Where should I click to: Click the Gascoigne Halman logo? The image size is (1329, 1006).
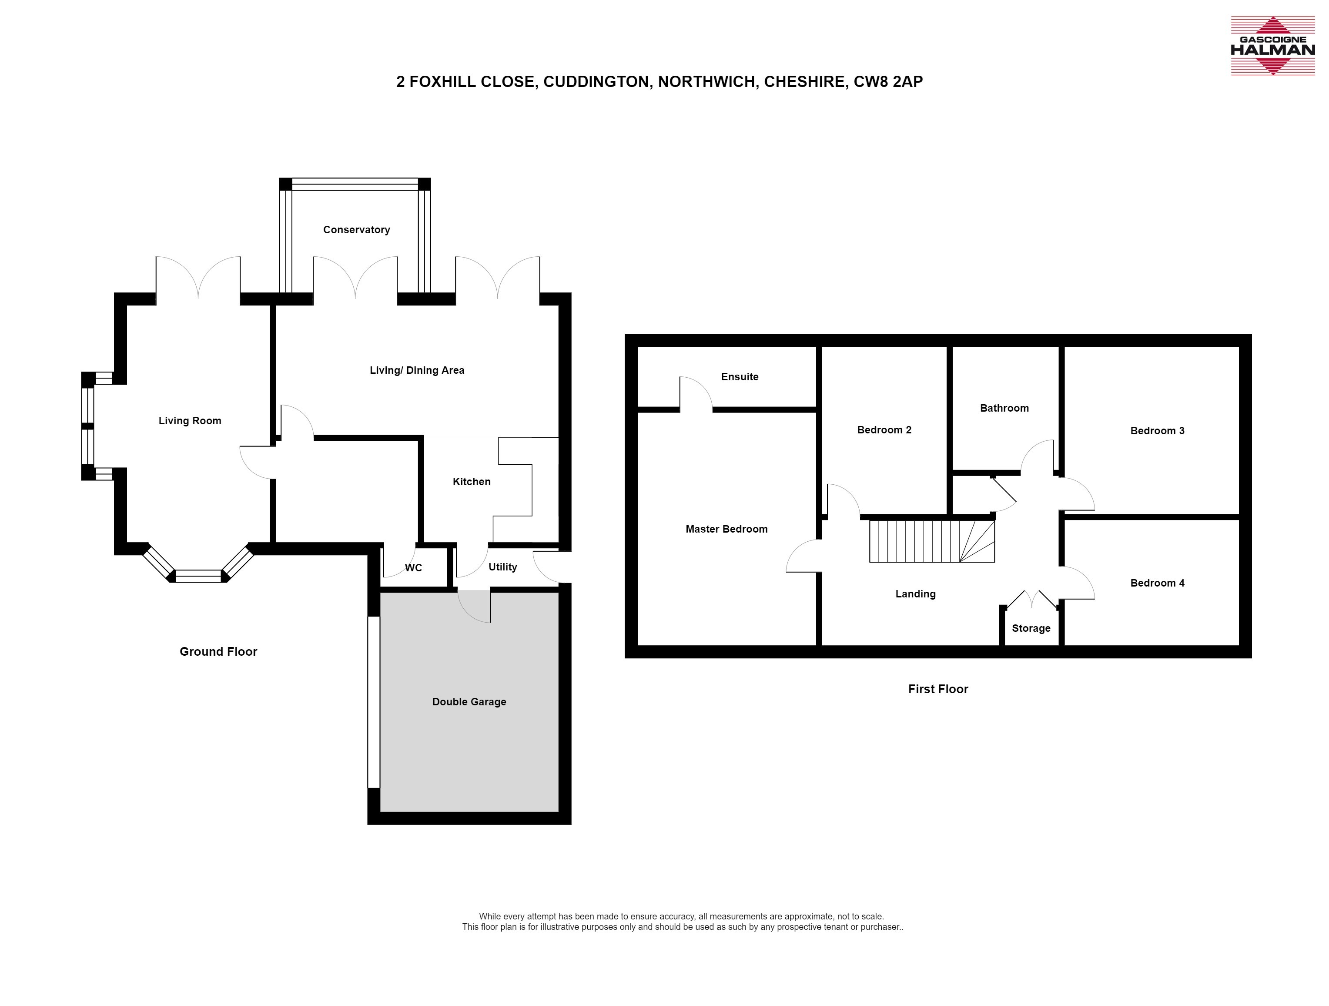click(x=1272, y=46)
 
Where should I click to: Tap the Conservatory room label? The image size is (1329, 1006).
click(x=356, y=230)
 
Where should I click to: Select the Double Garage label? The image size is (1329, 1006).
click(x=469, y=702)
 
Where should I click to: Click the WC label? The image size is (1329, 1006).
click(x=413, y=568)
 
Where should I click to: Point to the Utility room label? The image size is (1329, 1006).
click(x=503, y=567)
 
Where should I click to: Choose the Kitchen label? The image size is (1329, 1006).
click(x=472, y=481)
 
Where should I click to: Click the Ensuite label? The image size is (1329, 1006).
click(x=740, y=377)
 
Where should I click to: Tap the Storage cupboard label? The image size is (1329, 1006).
click(x=1031, y=629)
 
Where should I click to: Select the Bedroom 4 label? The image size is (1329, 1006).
click(x=1157, y=583)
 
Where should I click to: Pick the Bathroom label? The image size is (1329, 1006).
click(x=1004, y=408)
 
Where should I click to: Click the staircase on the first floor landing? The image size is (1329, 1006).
click(x=932, y=541)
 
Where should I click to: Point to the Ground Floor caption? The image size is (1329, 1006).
click(x=218, y=651)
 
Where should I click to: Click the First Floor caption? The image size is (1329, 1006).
click(x=938, y=689)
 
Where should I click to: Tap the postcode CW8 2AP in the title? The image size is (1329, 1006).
click(x=888, y=82)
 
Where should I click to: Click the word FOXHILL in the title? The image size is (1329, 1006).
click(x=442, y=82)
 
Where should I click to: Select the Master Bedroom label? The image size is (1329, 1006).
click(x=726, y=529)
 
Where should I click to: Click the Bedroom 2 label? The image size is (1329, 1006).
click(x=884, y=430)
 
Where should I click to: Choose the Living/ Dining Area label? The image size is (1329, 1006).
click(x=417, y=370)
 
